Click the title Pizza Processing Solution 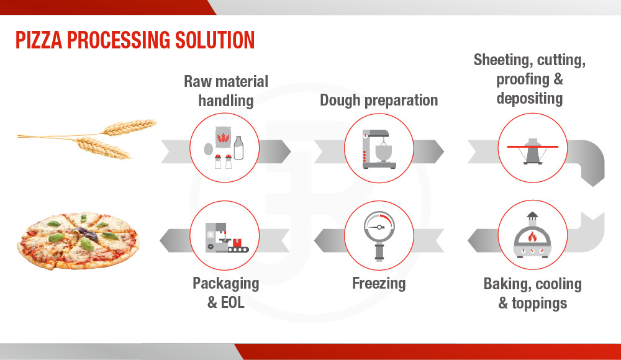click(x=135, y=40)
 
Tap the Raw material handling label click(x=226, y=91)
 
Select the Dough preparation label click(x=379, y=100)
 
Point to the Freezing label click(x=379, y=283)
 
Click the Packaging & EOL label click(x=226, y=293)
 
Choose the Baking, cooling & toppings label click(x=533, y=294)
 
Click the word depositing click(x=530, y=98)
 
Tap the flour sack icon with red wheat click(x=223, y=137)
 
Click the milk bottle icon click(x=238, y=148)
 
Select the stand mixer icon click(x=379, y=150)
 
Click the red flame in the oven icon click(x=532, y=237)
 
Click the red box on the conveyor click(x=237, y=242)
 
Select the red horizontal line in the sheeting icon click(x=533, y=147)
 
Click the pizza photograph click(x=78, y=240)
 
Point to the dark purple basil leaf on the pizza click(x=89, y=234)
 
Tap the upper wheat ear click(x=129, y=127)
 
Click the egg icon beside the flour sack click(x=208, y=149)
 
